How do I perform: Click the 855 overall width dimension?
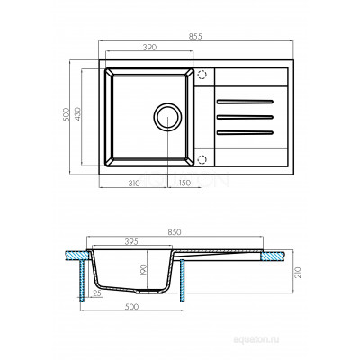(x=196, y=36)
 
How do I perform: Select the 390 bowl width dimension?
(x=149, y=47)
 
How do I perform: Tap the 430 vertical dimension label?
(x=77, y=114)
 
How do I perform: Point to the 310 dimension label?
(x=133, y=183)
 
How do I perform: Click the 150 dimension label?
(x=184, y=183)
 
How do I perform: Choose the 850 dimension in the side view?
(x=175, y=232)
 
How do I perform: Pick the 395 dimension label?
(x=130, y=242)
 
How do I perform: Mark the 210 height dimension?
(x=298, y=272)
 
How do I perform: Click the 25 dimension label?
(x=97, y=293)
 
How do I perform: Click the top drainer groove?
(x=245, y=102)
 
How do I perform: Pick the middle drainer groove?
(x=245, y=117)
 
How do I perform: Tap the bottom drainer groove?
(x=245, y=132)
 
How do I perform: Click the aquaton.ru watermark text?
(x=256, y=339)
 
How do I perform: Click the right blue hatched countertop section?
(x=273, y=256)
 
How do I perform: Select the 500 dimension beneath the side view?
(x=132, y=307)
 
